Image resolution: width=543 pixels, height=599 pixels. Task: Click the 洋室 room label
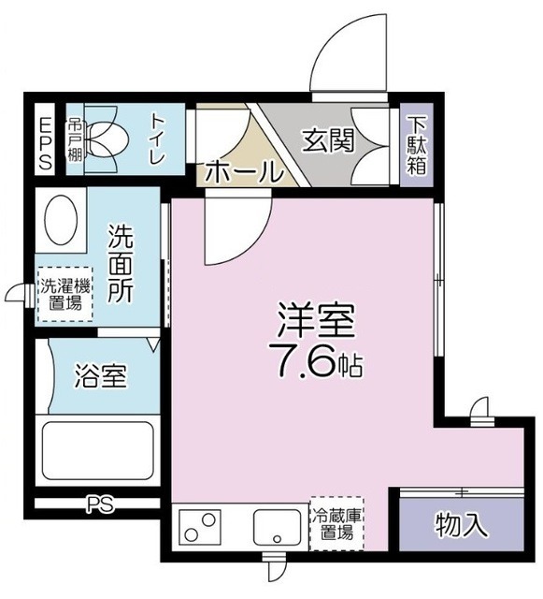[314, 323]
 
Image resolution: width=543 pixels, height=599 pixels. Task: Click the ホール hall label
[242, 172]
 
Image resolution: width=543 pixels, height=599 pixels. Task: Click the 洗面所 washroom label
[121, 262]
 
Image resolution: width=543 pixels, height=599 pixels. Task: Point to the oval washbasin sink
[62, 221]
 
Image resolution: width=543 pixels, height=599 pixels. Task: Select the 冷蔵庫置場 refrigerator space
[336, 524]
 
